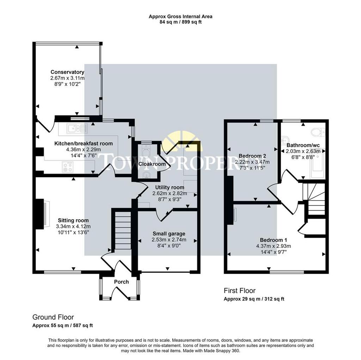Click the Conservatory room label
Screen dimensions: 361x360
67,72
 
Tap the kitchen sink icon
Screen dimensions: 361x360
77,128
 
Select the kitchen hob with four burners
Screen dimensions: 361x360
68,167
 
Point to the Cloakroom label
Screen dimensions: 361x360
152,164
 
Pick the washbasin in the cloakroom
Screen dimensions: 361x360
146,175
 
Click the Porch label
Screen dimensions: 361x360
121,282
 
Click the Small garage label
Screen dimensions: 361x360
169,234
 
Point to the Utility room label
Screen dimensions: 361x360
170,188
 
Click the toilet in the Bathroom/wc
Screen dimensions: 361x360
318,132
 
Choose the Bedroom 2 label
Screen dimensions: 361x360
252,156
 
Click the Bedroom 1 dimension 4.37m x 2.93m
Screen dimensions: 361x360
273,246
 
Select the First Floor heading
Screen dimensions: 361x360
240,291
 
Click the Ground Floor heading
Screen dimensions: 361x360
53,317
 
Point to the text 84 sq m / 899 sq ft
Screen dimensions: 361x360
180,22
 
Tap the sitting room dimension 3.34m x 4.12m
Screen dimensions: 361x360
73,226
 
